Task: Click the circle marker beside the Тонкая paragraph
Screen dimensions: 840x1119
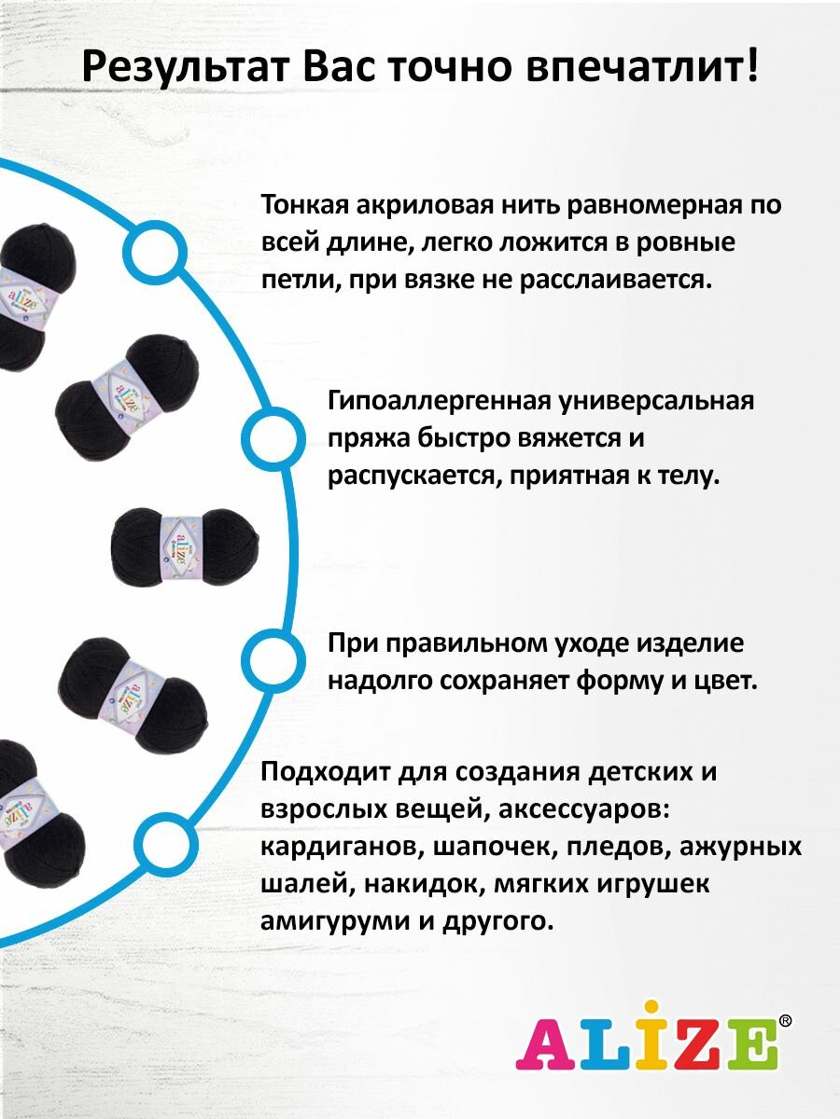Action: pyautogui.click(x=154, y=251)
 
